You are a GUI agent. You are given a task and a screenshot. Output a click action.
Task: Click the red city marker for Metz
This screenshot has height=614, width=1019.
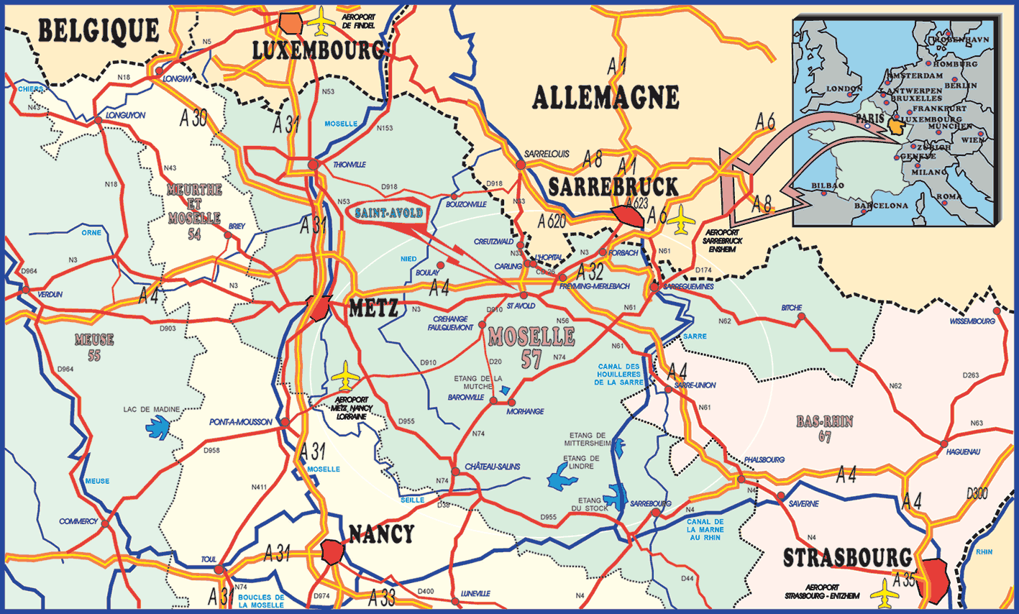coord(319,308)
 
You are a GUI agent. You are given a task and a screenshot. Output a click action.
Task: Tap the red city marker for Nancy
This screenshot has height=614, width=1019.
coord(334,551)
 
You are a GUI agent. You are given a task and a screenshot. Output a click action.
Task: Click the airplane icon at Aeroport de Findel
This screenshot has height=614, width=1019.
coord(321,22)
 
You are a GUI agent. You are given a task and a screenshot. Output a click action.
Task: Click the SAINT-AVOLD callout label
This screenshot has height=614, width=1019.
coord(388,214)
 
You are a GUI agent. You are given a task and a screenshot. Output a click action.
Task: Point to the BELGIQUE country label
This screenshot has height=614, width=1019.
coord(99,31)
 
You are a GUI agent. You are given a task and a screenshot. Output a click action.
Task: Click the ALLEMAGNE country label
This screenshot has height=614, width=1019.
coord(606,98)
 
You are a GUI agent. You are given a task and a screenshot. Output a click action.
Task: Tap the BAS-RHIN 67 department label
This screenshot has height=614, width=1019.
coord(824,429)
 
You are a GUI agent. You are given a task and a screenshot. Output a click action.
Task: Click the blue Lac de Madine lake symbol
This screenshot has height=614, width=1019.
coord(157,428)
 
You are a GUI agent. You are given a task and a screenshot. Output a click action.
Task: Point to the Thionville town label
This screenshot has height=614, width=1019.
coord(349,165)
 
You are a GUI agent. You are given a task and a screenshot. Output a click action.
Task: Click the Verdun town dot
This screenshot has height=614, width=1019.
coord(26,290)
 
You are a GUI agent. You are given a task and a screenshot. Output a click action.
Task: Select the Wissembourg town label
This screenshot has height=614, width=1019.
coord(972,321)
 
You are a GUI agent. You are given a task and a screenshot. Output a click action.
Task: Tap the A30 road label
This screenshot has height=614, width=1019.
coord(193,119)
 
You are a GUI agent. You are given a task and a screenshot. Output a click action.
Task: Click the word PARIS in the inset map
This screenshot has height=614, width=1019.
coord(869,118)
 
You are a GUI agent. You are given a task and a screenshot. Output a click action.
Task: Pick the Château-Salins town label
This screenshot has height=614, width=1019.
coord(492,467)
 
